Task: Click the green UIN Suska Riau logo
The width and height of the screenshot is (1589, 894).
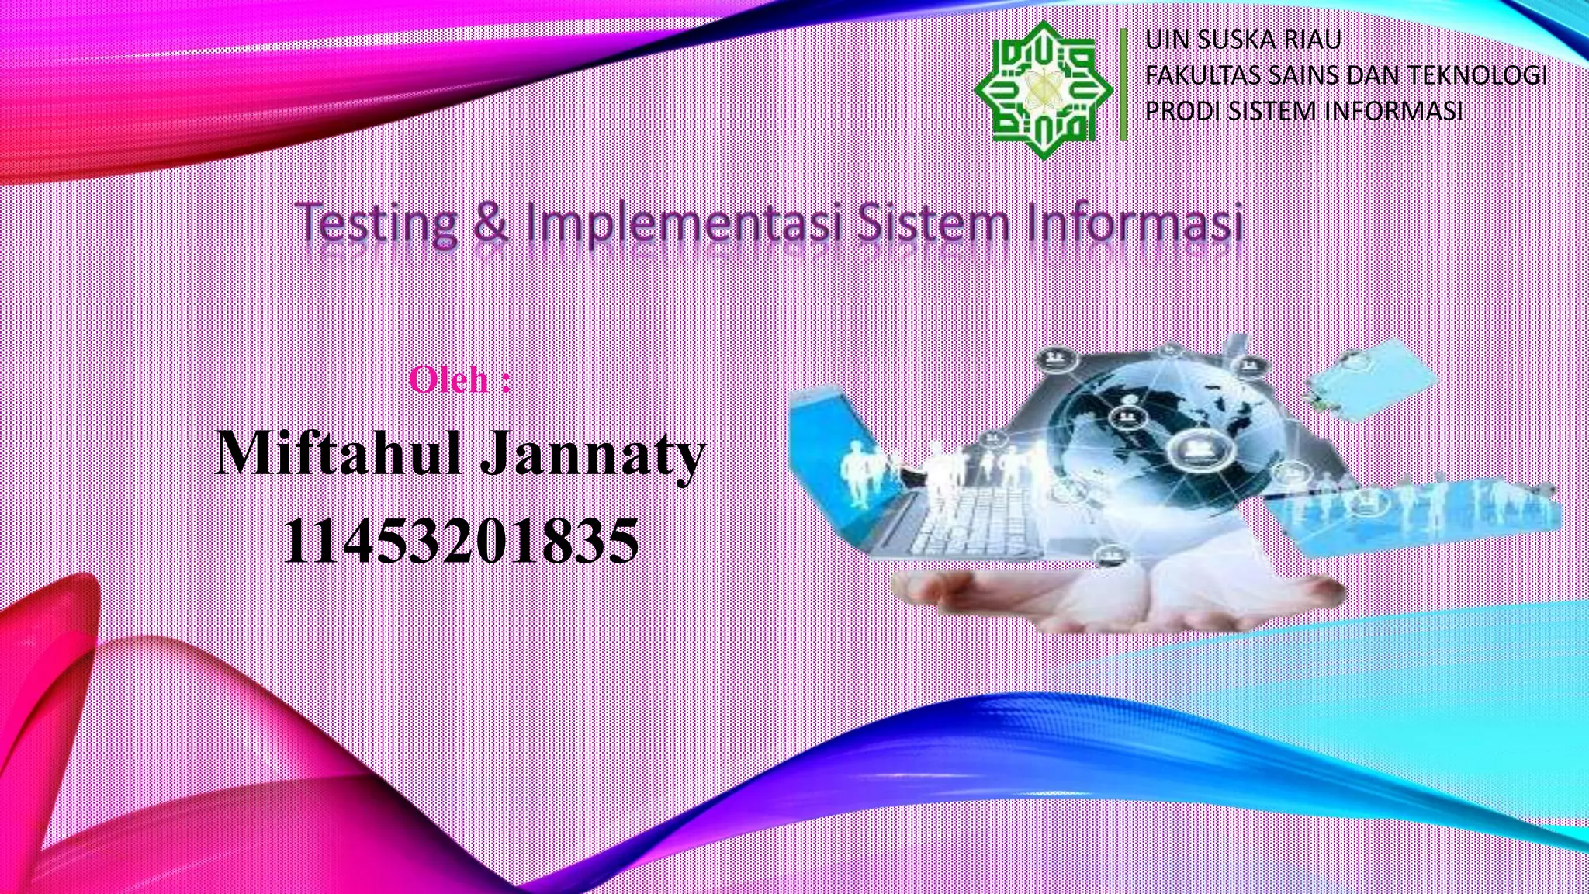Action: (1044, 89)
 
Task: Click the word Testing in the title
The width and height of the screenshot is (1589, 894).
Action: (378, 223)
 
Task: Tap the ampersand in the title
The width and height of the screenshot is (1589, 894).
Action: (490, 223)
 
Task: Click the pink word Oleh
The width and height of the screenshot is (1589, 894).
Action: (448, 380)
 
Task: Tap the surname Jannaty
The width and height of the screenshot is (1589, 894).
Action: (592, 455)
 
